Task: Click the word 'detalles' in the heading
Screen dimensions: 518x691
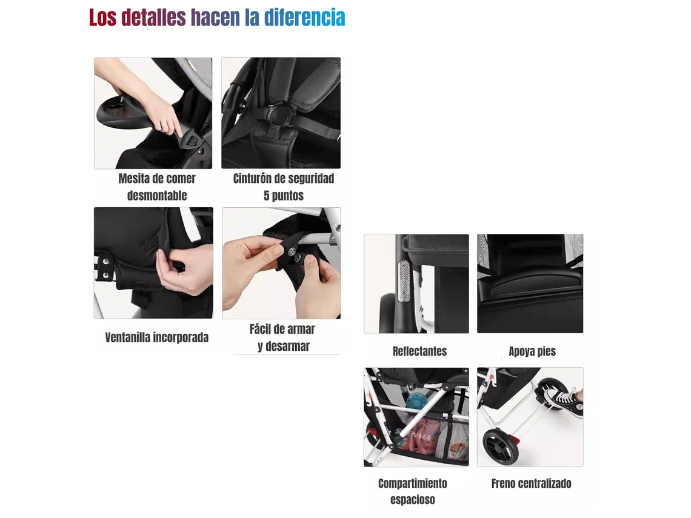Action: [153, 18]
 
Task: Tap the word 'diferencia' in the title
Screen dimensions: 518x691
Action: [304, 18]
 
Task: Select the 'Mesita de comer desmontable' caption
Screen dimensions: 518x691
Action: [157, 187]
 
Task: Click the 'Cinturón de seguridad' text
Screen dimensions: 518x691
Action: [283, 179]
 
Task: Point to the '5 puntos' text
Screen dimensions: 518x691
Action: [283, 196]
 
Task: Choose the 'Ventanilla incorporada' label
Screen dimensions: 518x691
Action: [156, 337]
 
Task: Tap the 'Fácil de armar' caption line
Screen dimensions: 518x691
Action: [282, 329]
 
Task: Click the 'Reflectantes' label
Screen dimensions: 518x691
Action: [419, 351]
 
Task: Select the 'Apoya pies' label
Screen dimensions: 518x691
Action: [532, 351]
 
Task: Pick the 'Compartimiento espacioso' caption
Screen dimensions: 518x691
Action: [413, 491]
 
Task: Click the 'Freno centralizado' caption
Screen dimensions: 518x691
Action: [531, 483]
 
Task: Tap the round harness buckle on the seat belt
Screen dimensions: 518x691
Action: [279, 113]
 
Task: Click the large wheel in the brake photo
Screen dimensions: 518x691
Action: [501, 447]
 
